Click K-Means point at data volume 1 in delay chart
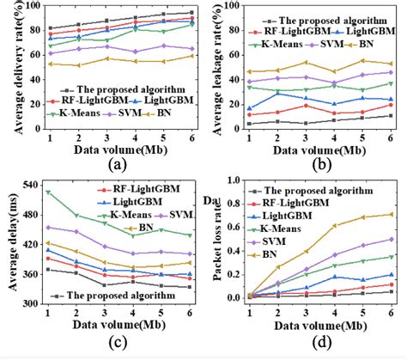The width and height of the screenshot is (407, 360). [48, 192]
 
